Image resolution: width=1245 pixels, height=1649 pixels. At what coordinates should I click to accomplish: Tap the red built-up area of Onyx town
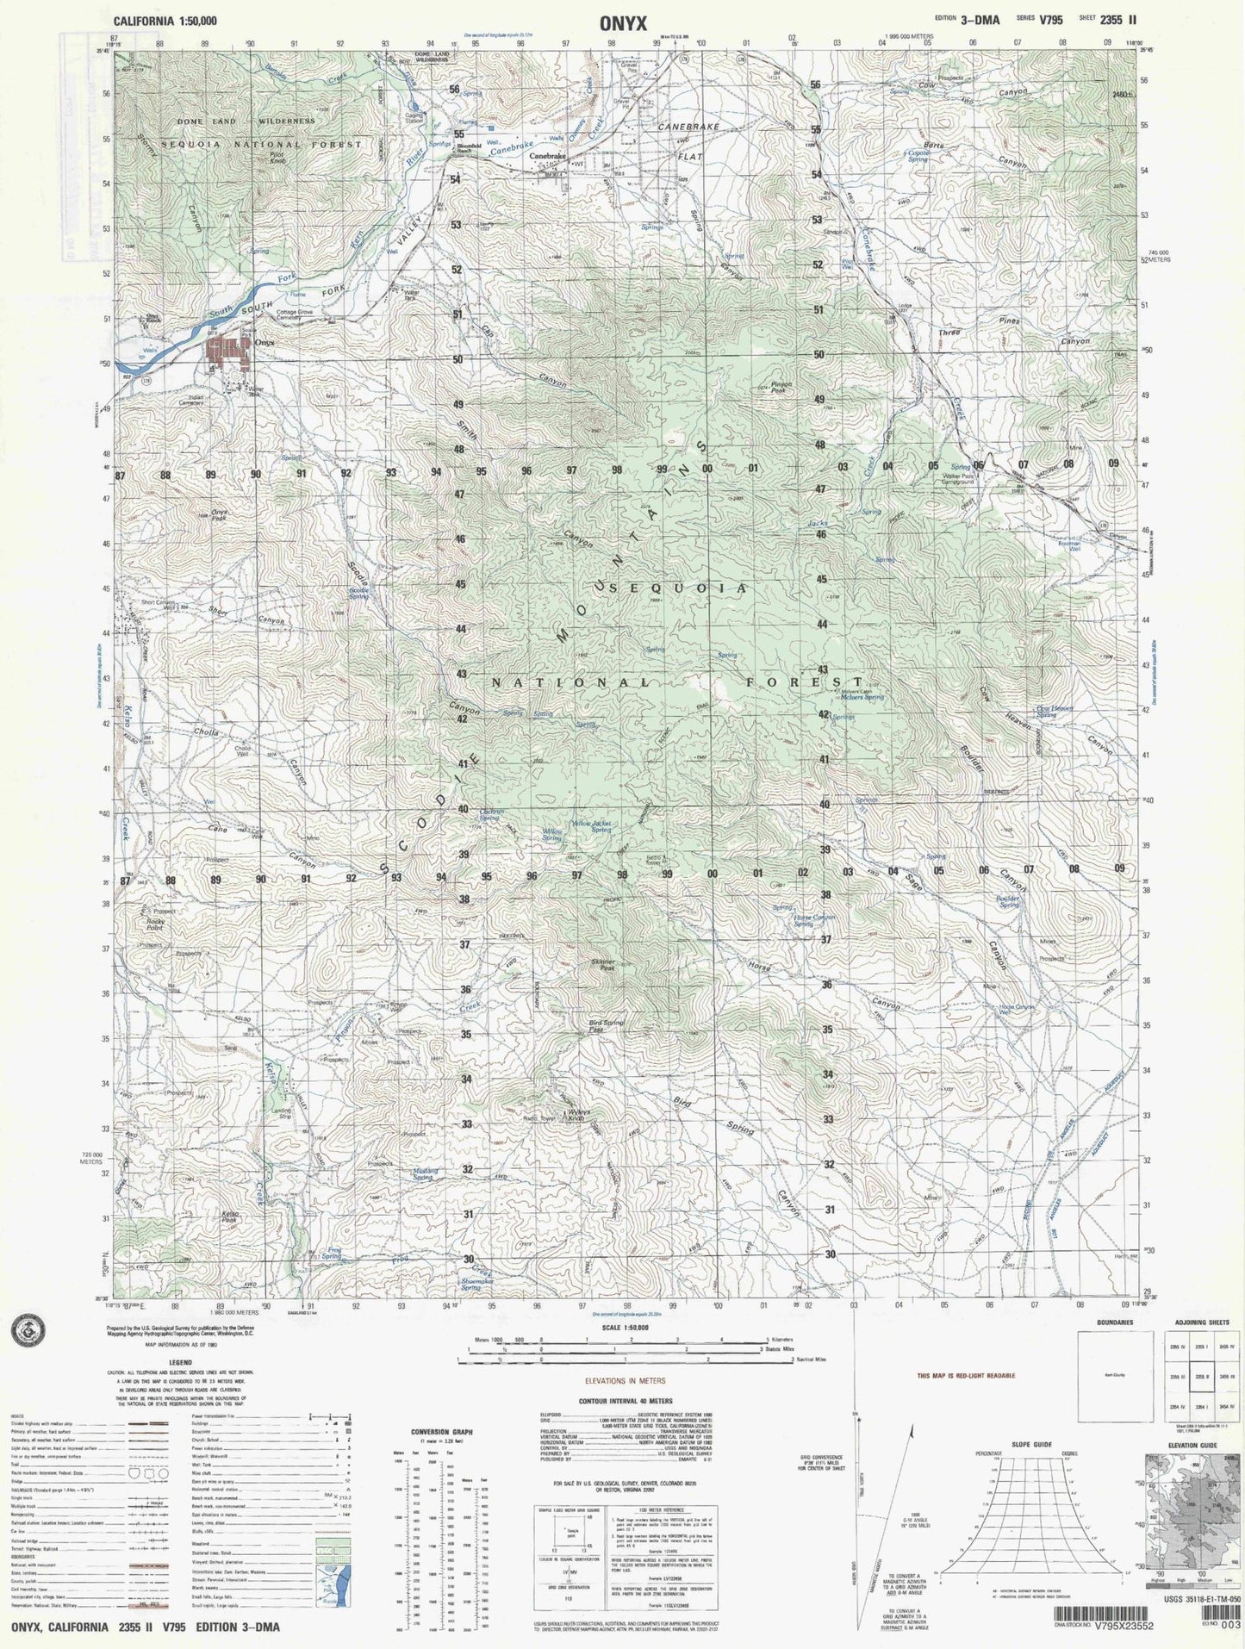pos(227,353)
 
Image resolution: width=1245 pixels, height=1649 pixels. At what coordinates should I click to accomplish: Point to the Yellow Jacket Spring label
pos(593,826)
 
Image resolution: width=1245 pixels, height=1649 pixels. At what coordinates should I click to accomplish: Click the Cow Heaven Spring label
pos(1054,712)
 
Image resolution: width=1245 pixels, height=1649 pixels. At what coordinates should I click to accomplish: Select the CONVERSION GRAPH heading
pos(441,1432)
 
